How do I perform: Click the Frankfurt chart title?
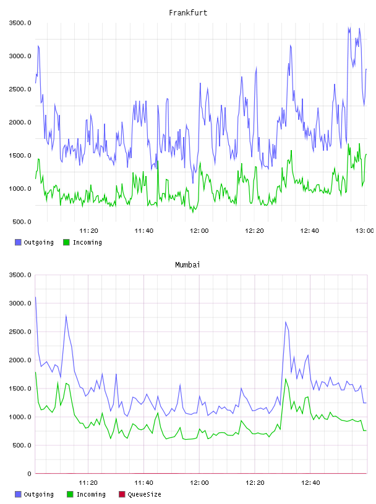pyautogui.click(x=188, y=12)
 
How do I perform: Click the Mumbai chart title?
pyautogui.click(x=187, y=264)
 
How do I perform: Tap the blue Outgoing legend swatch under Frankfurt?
pyautogui.click(x=18, y=242)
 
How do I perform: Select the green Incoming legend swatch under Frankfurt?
pyautogui.click(x=66, y=242)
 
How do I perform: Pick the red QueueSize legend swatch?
pyautogui.click(x=122, y=494)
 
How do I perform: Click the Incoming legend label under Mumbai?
pyautogui.click(x=91, y=494)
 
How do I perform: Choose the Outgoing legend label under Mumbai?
pyautogui.click(x=38, y=494)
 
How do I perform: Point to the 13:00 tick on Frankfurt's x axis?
pyautogui.click(x=364, y=231)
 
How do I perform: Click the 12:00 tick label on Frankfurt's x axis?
pyautogui.click(x=199, y=231)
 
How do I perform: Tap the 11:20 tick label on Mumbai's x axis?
pyautogui.click(x=88, y=483)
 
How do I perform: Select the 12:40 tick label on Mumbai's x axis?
pyautogui.click(x=310, y=483)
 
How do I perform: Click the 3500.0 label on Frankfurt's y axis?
pyautogui.click(x=20, y=23)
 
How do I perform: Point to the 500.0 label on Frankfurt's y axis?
pyautogui.click(x=22, y=222)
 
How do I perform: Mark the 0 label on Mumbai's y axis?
pyautogui.click(x=29, y=474)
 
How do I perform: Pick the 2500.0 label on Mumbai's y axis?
pyautogui.click(x=20, y=332)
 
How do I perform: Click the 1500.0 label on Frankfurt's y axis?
pyautogui.click(x=20, y=156)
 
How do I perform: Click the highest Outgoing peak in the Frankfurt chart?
pyautogui.click(x=349, y=28)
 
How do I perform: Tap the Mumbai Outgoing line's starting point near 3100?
pyautogui.click(x=35, y=297)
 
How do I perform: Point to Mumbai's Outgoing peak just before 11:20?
pyautogui.click(x=66, y=316)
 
